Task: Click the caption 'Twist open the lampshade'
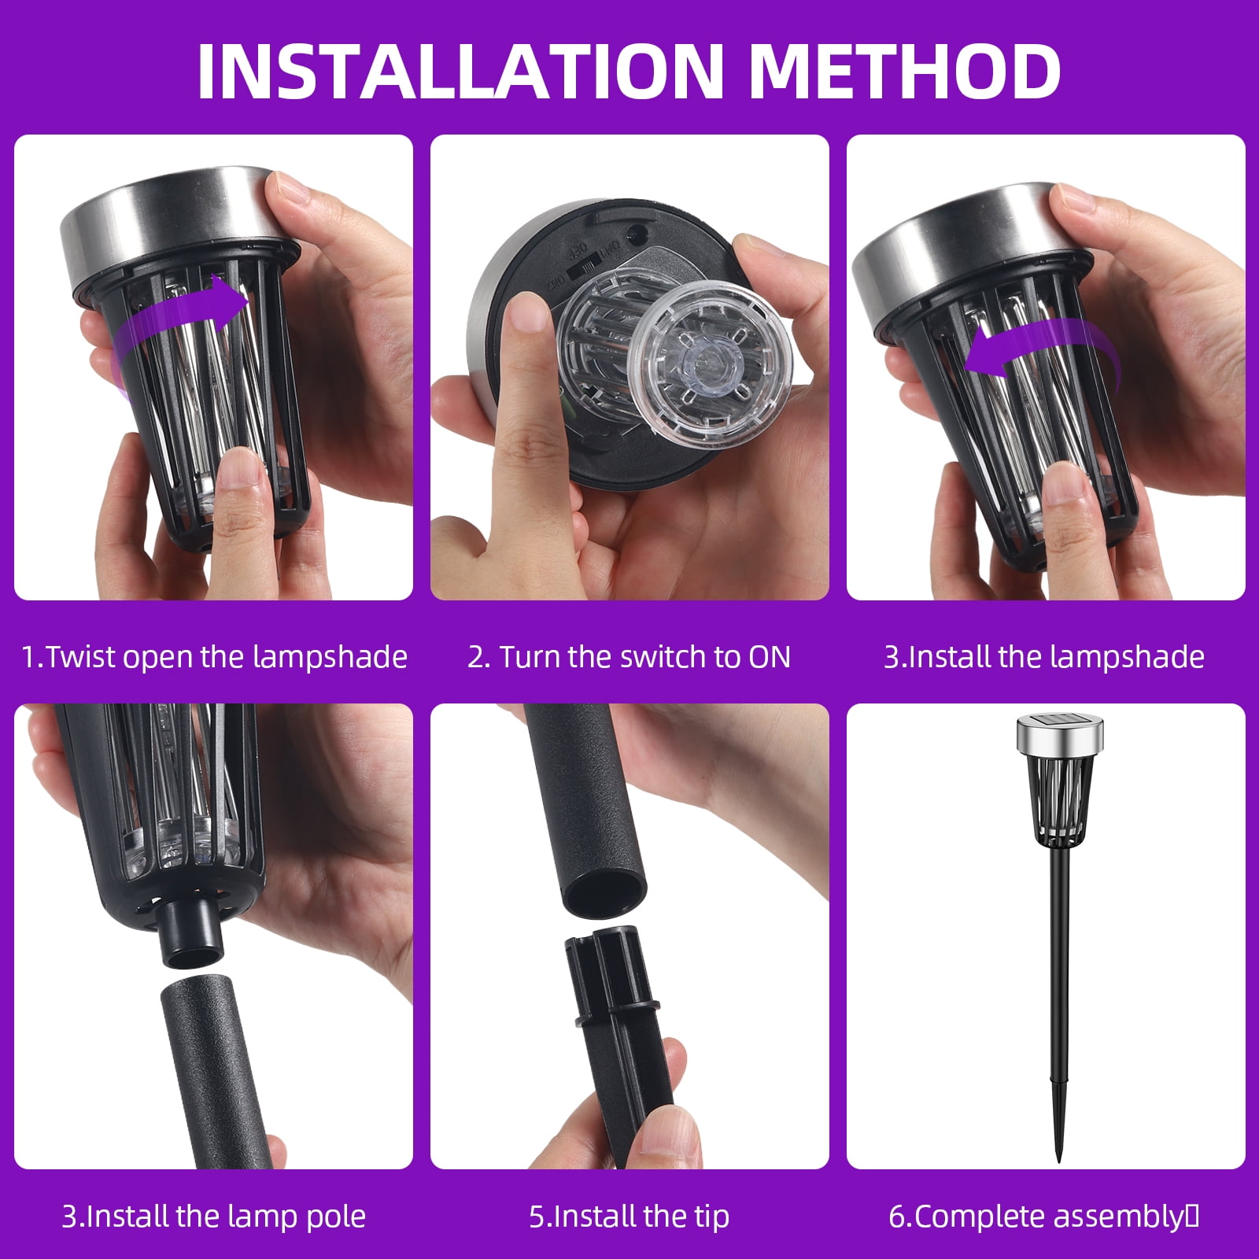pos(227,656)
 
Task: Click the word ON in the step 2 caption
pos(769,657)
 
